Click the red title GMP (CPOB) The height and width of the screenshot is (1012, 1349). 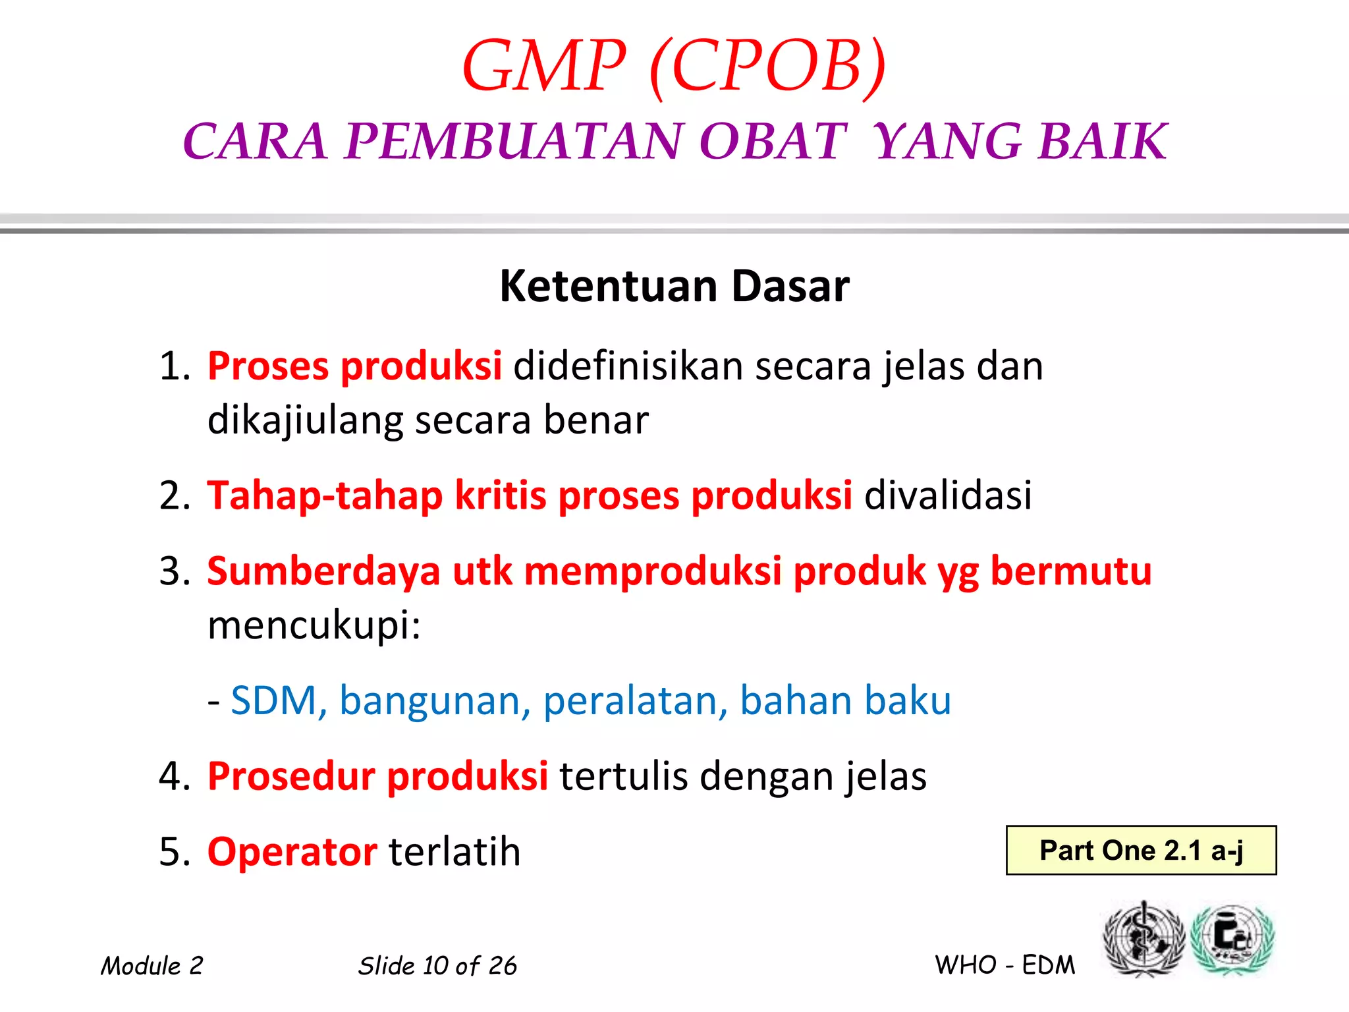674,66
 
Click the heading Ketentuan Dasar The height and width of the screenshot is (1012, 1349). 674,286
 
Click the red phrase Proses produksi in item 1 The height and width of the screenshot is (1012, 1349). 354,366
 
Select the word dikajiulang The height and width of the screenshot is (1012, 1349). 304,420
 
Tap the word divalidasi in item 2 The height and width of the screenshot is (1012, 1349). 948,495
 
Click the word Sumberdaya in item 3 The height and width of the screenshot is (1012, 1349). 323,571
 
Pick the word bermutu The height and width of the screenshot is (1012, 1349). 1071,571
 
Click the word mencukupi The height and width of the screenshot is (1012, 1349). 314,625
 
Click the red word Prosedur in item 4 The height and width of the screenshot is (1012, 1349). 290,776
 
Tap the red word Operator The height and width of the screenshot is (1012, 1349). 292,851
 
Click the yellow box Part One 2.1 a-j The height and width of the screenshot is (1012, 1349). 1141,850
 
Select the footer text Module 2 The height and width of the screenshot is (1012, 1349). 151,966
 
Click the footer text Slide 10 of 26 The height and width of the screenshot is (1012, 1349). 437,966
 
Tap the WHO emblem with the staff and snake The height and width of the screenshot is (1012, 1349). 1143,940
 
